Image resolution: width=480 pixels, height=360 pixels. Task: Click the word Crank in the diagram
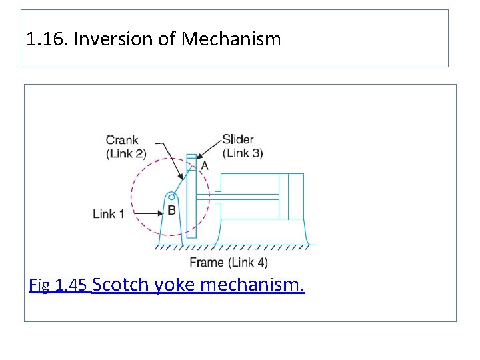(x=122, y=140)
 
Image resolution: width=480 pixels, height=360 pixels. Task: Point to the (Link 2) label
(x=126, y=153)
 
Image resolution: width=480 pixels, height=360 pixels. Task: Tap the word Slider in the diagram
(x=238, y=139)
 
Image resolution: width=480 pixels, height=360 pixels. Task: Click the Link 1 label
(x=108, y=214)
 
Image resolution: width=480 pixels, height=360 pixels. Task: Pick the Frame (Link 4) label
(x=229, y=262)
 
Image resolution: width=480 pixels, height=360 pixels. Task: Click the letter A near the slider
(x=205, y=165)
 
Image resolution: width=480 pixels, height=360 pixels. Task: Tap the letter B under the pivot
(x=171, y=211)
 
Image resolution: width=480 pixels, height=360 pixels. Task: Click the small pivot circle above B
(x=171, y=197)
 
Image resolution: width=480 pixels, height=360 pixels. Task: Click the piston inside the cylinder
(x=283, y=196)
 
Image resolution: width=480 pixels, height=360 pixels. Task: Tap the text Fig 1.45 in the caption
(x=59, y=286)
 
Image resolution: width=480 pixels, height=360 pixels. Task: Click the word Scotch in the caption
(x=121, y=285)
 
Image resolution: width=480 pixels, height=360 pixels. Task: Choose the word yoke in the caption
(x=175, y=285)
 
